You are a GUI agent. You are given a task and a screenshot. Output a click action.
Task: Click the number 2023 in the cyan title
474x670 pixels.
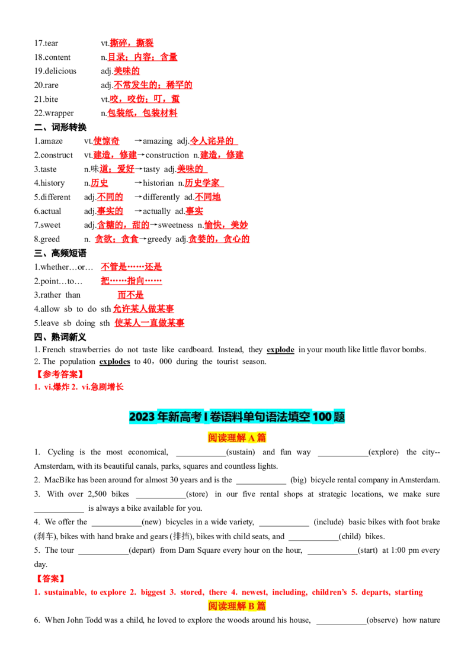(x=142, y=417)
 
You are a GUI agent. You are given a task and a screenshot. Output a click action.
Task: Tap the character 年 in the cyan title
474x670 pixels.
(x=162, y=417)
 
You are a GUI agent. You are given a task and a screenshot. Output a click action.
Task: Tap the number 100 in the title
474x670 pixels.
(x=323, y=417)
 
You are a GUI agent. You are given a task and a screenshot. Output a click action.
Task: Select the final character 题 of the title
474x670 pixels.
(x=340, y=417)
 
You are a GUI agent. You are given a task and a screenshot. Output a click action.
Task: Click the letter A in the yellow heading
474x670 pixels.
(x=251, y=438)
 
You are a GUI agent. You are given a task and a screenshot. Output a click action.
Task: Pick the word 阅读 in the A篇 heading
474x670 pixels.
(x=217, y=438)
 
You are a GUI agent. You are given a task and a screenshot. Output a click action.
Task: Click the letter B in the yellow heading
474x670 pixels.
(x=251, y=606)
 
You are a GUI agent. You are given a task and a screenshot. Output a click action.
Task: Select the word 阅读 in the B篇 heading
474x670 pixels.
(x=217, y=606)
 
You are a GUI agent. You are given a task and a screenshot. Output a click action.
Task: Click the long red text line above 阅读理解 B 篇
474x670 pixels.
(x=229, y=592)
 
